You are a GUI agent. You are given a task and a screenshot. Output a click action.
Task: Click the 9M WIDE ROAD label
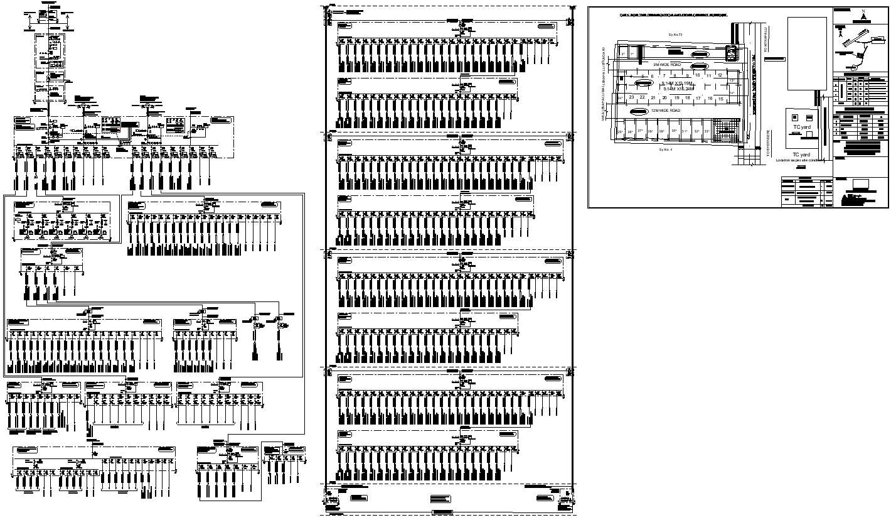pyautogui.click(x=667, y=65)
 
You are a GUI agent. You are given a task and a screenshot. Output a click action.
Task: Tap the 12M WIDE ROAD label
pyautogui.click(x=665, y=111)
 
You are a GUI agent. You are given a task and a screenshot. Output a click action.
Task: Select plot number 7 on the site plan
pyautogui.click(x=664, y=76)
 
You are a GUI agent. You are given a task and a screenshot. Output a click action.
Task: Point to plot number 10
pyautogui.click(x=697, y=75)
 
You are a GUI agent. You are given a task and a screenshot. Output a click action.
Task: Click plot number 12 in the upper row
pyautogui.click(x=720, y=75)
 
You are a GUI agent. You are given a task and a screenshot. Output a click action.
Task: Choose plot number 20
pyautogui.click(x=664, y=99)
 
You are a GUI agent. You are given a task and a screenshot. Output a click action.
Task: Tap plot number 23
pyautogui.click(x=631, y=98)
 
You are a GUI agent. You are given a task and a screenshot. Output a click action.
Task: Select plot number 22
pyautogui.click(x=642, y=98)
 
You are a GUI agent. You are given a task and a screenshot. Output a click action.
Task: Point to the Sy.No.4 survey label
pyautogui.click(x=665, y=151)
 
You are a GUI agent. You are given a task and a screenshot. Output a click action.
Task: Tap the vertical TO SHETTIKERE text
pyautogui.click(x=769, y=143)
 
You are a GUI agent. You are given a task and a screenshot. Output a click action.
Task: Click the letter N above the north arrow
pyautogui.click(x=863, y=11)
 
